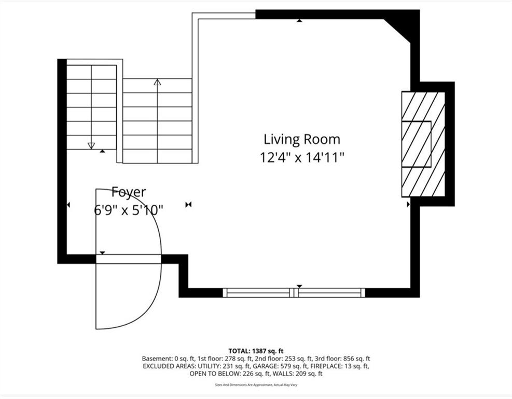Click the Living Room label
pyautogui.click(x=302, y=140)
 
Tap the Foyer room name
pyautogui.click(x=129, y=192)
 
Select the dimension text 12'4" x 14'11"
pyautogui.click(x=302, y=157)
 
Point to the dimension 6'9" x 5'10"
pyautogui.click(x=129, y=210)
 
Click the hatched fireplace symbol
pyautogui.click(x=423, y=144)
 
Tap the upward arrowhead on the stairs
pyautogui.click(x=157, y=82)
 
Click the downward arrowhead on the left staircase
pyautogui.click(x=91, y=145)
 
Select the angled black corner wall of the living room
pyautogui.click(x=402, y=30)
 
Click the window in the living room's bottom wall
pyautogui.click(x=294, y=292)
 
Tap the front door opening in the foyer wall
pyautogui.click(x=129, y=259)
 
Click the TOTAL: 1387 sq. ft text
pyautogui.click(x=256, y=351)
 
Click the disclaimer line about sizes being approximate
pyautogui.click(x=256, y=385)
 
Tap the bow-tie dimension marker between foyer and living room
pyautogui.click(x=188, y=205)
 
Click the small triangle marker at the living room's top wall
pyautogui.click(x=299, y=21)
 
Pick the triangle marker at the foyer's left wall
pyautogui.click(x=68, y=205)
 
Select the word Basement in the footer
pyautogui.click(x=156, y=359)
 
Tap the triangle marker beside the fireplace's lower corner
pyautogui.click(x=408, y=204)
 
